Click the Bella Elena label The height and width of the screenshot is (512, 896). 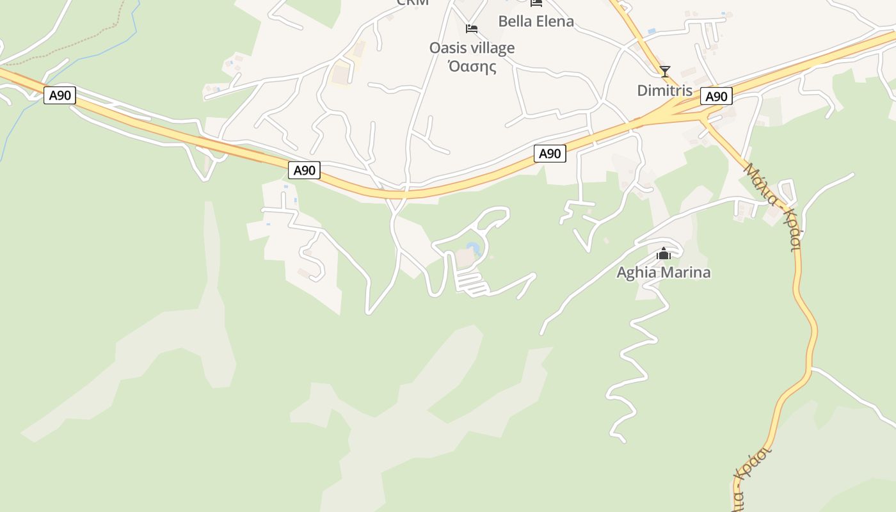click(x=536, y=21)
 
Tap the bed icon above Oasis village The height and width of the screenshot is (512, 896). click(x=472, y=29)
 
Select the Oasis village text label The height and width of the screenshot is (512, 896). click(x=472, y=48)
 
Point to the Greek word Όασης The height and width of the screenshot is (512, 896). click(x=472, y=66)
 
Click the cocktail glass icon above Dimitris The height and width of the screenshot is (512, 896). click(x=665, y=71)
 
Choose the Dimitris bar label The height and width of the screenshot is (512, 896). click(x=664, y=90)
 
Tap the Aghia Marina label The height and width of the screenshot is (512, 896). click(x=663, y=272)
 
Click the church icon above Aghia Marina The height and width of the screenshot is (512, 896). click(x=664, y=254)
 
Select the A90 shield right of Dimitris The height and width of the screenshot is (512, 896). click(x=716, y=96)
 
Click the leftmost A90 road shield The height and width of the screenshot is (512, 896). click(x=60, y=95)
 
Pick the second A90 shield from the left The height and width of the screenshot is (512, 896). click(x=305, y=170)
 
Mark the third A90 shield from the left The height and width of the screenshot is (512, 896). click(x=550, y=154)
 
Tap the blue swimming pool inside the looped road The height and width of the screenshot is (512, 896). click(x=474, y=248)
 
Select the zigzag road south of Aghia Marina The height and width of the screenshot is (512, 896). click(x=640, y=358)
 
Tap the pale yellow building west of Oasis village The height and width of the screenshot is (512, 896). click(x=341, y=75)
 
